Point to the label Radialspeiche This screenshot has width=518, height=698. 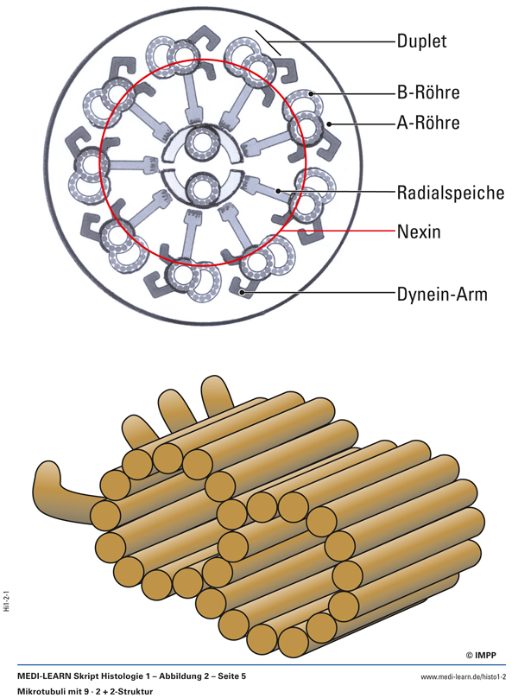click(x=450, y=193)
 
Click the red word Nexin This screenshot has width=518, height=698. click(x=420, y=232)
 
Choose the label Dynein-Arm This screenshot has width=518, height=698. click(x=442, y=295)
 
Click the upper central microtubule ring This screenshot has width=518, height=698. click(x=204, y=142)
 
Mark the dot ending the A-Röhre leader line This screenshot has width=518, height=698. click(x=329, y=124)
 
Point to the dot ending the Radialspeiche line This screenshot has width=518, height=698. click(x=277, y=191)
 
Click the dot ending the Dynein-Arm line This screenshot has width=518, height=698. click(x=247, y=294)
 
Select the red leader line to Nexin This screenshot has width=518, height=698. click(x=354, y=232)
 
